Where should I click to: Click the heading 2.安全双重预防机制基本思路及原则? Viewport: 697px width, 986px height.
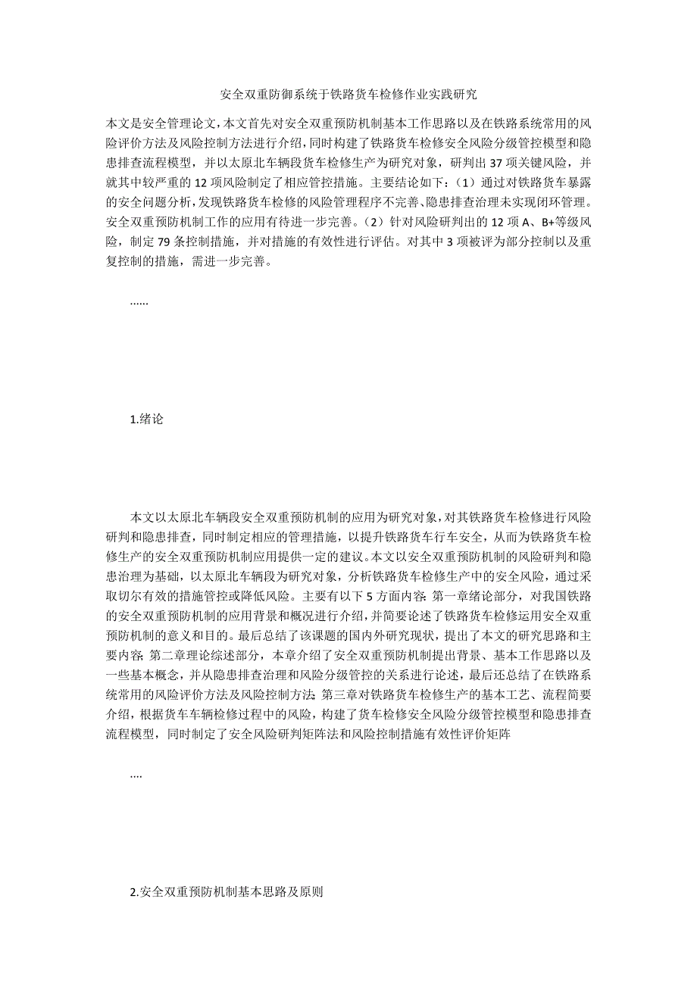[x=227, y=892]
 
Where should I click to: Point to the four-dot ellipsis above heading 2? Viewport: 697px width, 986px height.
[x=136, y=774]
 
